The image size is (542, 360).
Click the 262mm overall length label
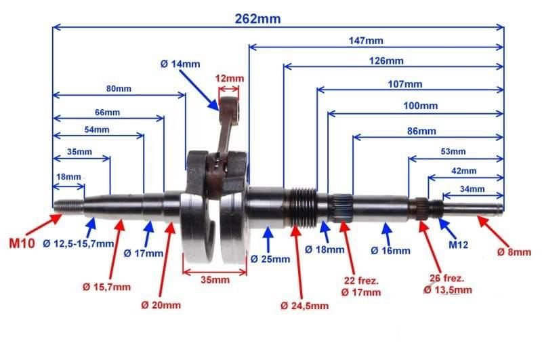[x=257, y=19]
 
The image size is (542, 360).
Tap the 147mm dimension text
[x=366, y=41]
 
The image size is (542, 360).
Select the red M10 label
[x=22, y=243]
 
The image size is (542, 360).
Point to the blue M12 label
[x=458, y=245]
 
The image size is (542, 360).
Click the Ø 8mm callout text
[x=514, y=252]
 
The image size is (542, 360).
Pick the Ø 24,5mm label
[x=304, y=306]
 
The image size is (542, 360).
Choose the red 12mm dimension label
[x=230, y=79]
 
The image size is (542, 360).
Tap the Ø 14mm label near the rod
[x=180, y=64]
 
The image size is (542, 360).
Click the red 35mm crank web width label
[x=215, y=279]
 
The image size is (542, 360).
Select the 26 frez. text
[x=446, y=278]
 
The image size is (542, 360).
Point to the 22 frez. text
[x=361, y=281]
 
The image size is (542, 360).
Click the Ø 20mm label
[x=161, y=305]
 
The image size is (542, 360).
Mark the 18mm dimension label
[x=68, y=177]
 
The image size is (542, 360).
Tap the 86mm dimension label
[x=421, y=131]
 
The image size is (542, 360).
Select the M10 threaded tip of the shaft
[x=68, y=205]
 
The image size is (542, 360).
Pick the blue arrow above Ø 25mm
[x=268, y=239]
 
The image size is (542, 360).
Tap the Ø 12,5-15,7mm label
[x=79, y=244]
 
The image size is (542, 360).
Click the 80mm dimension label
[x=119, y=89]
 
